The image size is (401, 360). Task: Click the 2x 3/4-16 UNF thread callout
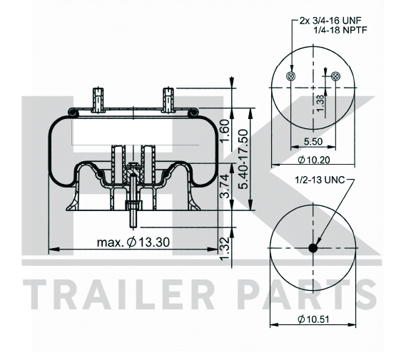click(x=330, y=20)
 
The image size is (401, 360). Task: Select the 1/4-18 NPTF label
click(x=340, y=30)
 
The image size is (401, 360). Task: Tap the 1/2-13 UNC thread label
click(x=320, y=180)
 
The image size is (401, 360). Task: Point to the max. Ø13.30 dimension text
click(x=133, y=242)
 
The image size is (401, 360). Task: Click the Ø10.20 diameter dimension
click(x=314, y=160)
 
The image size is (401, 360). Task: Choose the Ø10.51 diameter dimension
click(x=313, y=319)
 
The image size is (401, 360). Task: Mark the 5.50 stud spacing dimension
click(x=313, y=141)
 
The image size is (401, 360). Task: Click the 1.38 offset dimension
click(x=320, y=103)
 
